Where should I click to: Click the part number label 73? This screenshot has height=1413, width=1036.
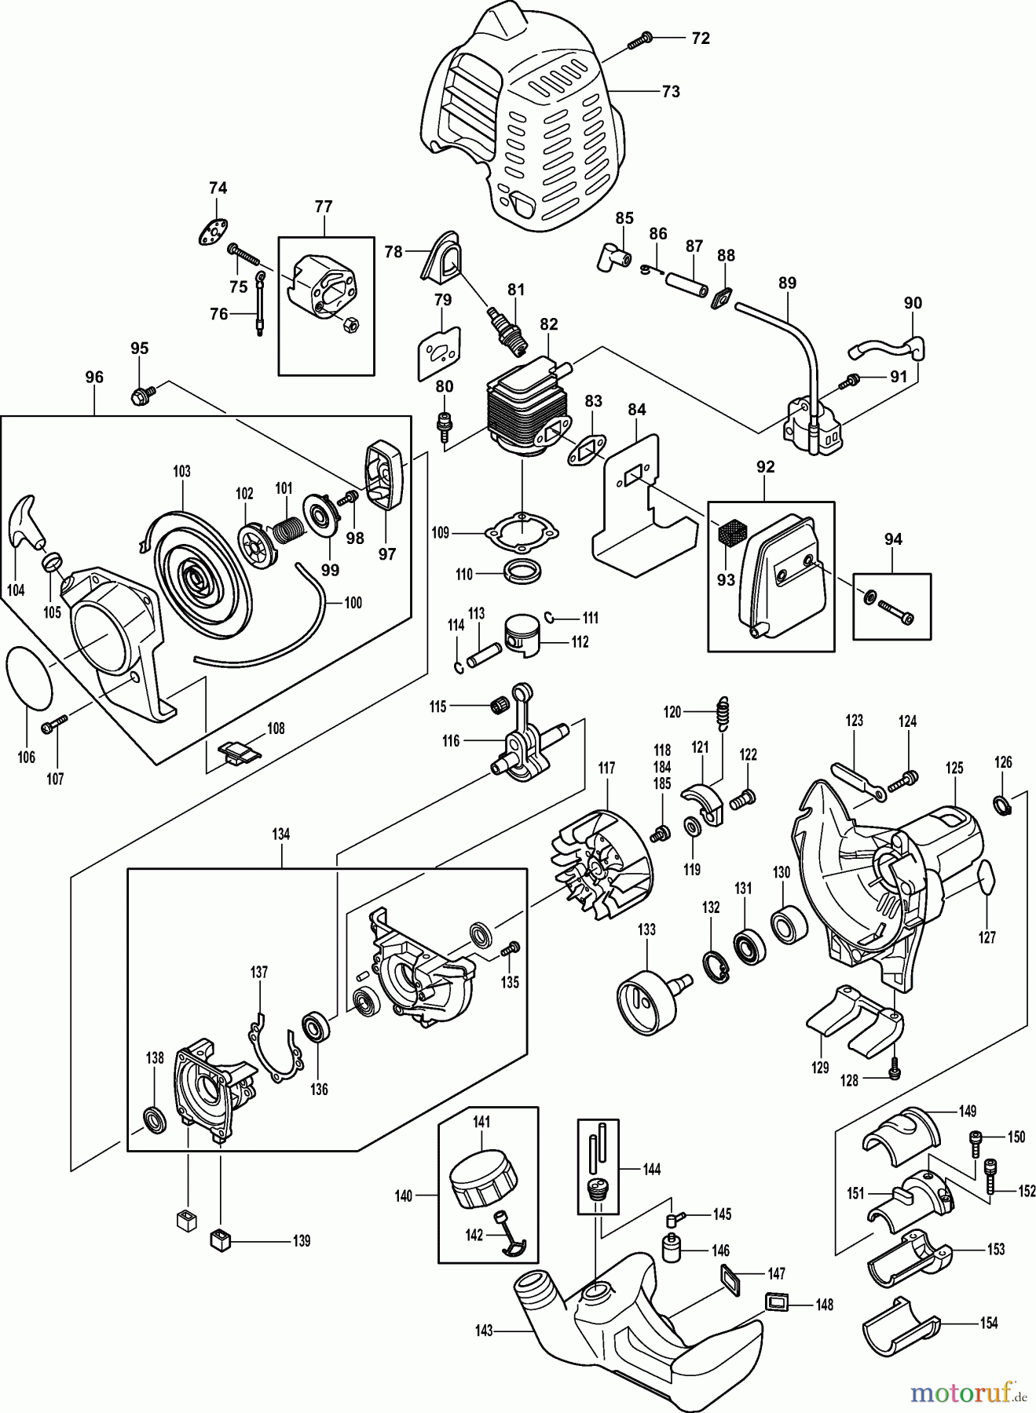click(669, 92)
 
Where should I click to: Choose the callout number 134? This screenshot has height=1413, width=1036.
click(280, 834)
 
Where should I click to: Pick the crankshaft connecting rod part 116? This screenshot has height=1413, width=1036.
click(522, 738)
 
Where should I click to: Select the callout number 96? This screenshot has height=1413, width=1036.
click(93, 378)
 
